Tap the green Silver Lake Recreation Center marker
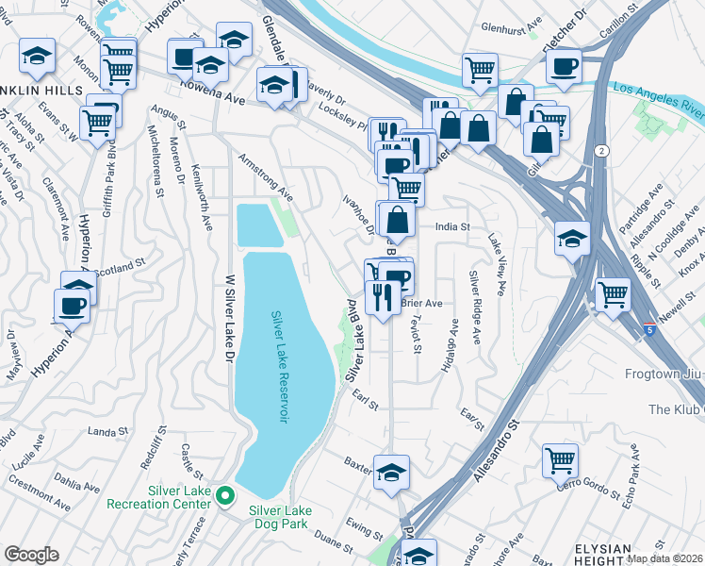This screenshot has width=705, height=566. pyautogui.click(x=225, y=494)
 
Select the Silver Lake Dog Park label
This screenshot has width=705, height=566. pyautogui.click(x=280, y=510)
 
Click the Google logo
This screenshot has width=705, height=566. pyautogui.click(x=31, y=555)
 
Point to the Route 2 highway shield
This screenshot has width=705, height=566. pyautogui.click(x=600, y=151)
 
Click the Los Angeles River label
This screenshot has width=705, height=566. pyautogui.click(x=657, y=90)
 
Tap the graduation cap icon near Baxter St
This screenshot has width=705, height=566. pyautogui.click(x=391, y=474)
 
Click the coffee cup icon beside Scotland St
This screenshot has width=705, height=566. pyautogui.click(x=73, y=306)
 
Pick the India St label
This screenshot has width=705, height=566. pyautogui.click(x=451, y=226)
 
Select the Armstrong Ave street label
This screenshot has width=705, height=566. pyautogui.click(x=266, y=178)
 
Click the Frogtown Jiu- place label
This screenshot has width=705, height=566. pyautogui.click(x=664, y=375)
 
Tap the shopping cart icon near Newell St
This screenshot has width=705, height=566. pyautogui.click(x=613, y=294)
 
